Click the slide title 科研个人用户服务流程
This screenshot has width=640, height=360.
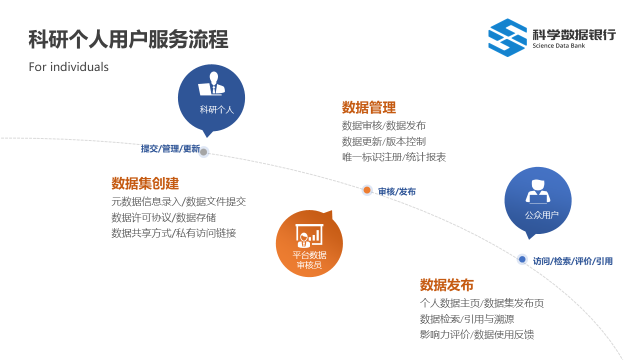click(x=128, y=40)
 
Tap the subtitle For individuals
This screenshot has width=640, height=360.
click(x=68, y=66)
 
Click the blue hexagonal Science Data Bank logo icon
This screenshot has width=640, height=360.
click(x=507, y=37)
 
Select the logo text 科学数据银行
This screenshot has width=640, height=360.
click(x=574, y=34)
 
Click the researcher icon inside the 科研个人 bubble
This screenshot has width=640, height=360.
click(x=212, y=84)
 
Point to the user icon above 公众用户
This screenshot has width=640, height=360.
click(x=538, y=191)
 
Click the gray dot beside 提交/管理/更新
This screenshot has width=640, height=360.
click(x=204, y=151)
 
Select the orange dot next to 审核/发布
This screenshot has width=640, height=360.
click(x=367, y=190)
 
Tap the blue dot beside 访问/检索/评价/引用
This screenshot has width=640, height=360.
click(x=522, y=259)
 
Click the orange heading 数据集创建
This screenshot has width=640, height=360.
click(x=145, y=183)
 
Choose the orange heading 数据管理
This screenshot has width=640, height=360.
click(x=369, y=107)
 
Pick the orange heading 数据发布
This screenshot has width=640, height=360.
click(x=446, y=285)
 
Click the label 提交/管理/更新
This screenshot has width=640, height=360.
click(x=170, y=148)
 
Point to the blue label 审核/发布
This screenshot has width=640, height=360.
click(x=396, y=191)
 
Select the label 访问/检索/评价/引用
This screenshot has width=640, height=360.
click(x=572, y=261)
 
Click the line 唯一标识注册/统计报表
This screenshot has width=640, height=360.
click(x=394, y=157)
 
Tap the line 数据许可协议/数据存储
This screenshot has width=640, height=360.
click(x=163, y=217)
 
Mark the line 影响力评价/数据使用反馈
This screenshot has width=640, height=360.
click(x=476, y=334)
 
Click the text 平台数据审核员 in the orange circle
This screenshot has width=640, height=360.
click(x=309, y=260)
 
